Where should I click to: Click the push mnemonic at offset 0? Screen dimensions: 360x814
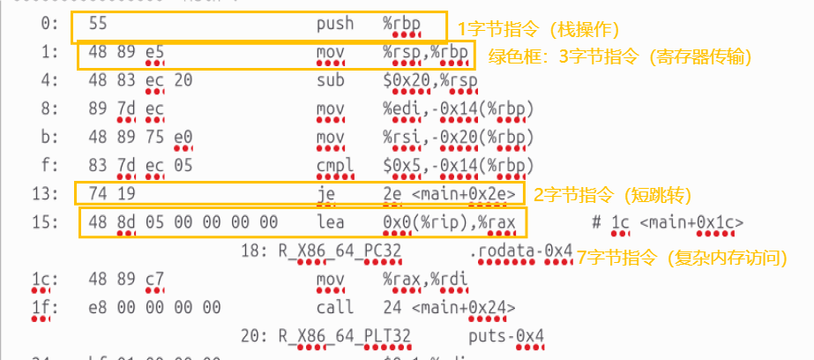tap(335, 24)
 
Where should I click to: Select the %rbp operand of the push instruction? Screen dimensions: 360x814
tap(403, 24)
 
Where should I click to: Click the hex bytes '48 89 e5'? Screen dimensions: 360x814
tap(120, 55)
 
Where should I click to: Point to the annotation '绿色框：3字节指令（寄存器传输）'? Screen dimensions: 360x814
tap(620, 56)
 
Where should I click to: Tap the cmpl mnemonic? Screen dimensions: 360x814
tap(335, 165)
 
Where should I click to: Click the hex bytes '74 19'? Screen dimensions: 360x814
tap(106, 192)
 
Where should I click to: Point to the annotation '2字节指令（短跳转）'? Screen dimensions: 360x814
tap(612, 194)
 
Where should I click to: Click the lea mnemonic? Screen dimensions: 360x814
tap(330, 221)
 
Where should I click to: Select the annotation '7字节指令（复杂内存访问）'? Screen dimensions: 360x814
tap(681, 257)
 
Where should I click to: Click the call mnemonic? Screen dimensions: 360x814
tap(335, 307)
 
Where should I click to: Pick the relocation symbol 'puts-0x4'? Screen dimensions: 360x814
tap(506, 336)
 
